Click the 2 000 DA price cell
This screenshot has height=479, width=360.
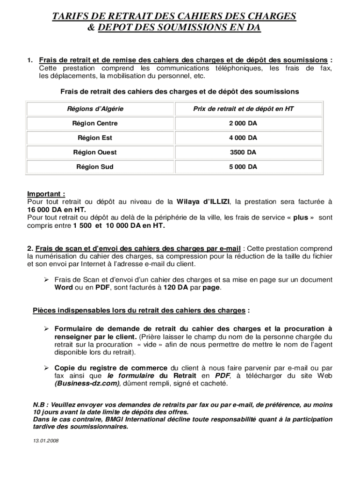[x=243, y=123]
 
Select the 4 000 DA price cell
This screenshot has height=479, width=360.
[x=243, y=138]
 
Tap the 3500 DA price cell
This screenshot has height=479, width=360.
[x=243, y=152]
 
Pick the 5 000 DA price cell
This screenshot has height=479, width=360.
[x=243, y=167]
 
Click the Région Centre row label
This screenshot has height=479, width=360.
[x=95, y=123]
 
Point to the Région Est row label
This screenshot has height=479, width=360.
[x=95, y=138]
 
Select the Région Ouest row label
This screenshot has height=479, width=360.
[x=95, y=152]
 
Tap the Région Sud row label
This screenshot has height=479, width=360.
[x=95, y=167]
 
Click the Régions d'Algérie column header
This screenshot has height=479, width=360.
[x=95, y=109]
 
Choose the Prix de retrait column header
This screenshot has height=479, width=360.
[x=243, y=109]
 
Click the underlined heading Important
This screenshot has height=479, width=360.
[x=46, y=194]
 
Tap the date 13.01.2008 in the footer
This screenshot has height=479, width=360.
[x=46, y=441]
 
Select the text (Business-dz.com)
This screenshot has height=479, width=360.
[x=87, y=384]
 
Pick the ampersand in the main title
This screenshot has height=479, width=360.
[x=91, y=28]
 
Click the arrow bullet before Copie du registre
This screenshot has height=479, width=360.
[x=47, y=368]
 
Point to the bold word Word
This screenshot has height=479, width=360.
[x=64, y=288]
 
